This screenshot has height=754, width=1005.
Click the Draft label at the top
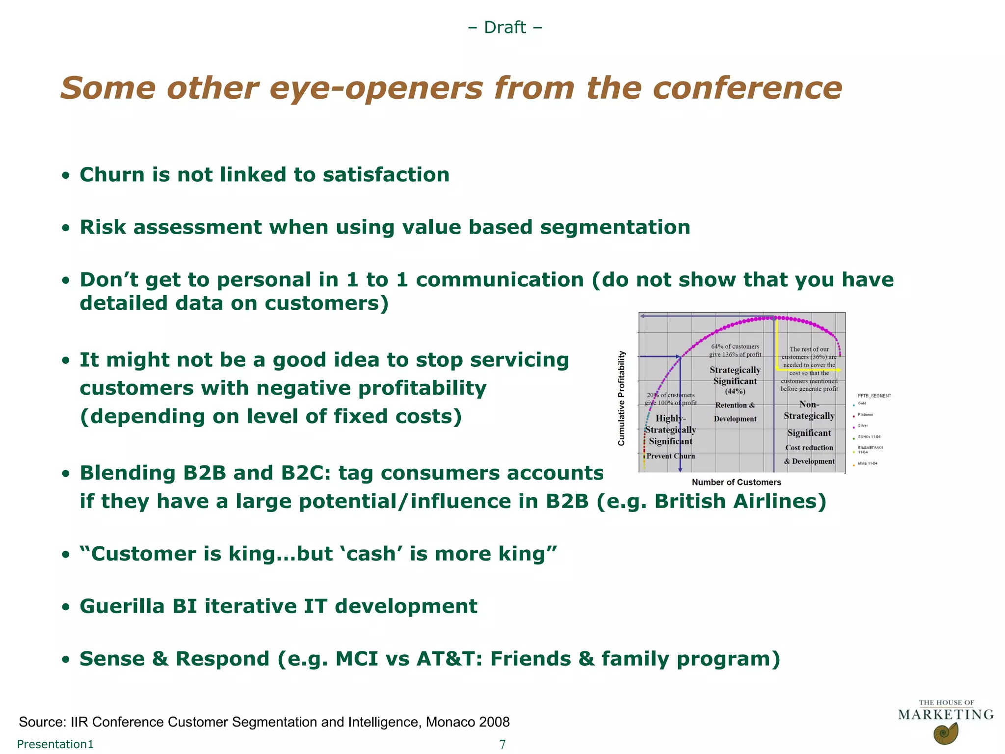[505, 27]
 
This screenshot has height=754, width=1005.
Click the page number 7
[502, 744]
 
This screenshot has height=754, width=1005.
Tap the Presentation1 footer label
[55, 744]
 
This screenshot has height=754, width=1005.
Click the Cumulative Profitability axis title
[622, 398]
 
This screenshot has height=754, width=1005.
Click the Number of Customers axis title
[736, 483]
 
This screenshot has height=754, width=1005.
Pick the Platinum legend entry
[865, 415]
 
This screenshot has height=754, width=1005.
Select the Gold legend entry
[862, 404]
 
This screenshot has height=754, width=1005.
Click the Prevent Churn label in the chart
[670, 456]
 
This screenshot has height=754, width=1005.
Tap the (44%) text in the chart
[735, 391]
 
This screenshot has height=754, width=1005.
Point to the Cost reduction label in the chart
[809, 448]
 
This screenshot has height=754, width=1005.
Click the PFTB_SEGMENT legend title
[874, 396]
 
